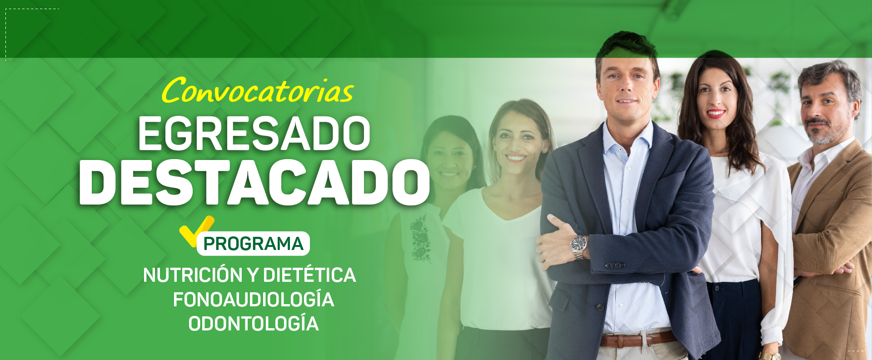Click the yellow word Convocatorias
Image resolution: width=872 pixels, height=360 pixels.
257,90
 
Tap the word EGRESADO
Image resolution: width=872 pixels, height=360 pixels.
254,133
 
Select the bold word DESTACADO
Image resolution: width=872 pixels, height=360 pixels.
254,182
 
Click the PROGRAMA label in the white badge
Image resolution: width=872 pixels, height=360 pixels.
253,244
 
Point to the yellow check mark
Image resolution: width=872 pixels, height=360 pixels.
196,230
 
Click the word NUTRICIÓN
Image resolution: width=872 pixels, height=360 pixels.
193,275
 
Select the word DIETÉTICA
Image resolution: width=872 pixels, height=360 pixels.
309,275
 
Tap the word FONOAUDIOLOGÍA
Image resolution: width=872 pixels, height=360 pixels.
254,300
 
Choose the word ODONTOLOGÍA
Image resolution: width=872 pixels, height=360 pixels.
254,324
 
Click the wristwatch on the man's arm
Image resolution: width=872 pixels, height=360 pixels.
578,247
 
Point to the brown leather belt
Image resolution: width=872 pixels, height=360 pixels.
638,339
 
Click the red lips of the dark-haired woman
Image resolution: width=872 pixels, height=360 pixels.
716,113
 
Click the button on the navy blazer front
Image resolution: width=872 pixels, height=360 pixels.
600,307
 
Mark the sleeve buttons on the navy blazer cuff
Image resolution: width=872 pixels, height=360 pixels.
615,265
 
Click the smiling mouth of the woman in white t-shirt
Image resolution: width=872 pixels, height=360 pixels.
515,158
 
